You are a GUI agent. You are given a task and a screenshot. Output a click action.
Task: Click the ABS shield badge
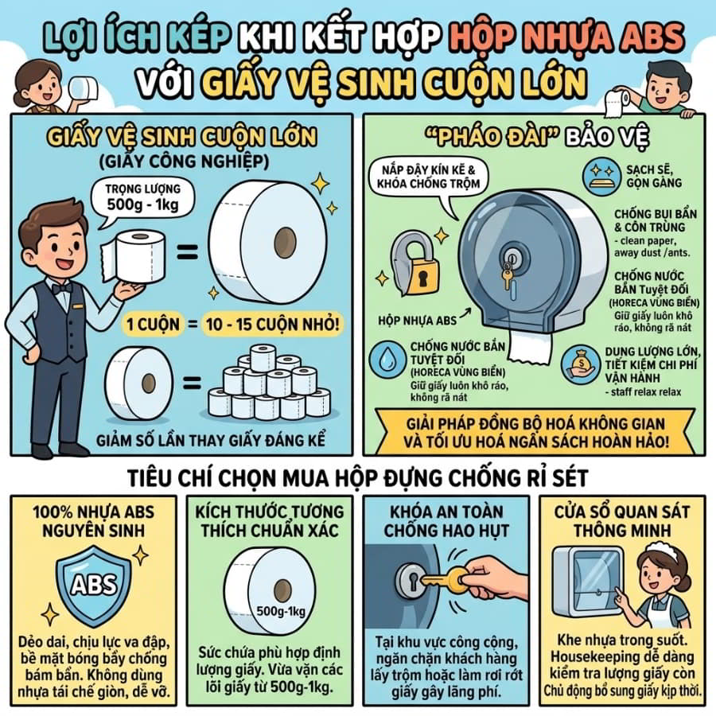(94, 585)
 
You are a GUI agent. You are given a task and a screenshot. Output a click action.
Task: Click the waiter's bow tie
(60, 288)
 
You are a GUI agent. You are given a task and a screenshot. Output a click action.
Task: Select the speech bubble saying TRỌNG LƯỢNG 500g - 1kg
(142, 201)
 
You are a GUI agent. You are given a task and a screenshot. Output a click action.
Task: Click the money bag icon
(581, 365)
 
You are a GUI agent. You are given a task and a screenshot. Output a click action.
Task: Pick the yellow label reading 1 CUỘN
(153, 325)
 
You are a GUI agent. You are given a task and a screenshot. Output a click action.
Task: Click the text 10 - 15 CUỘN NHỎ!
(273, 325)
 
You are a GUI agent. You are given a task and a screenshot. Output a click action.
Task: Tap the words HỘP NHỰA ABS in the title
(566, 36)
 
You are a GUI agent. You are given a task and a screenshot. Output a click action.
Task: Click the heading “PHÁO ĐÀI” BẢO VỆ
(537, 138)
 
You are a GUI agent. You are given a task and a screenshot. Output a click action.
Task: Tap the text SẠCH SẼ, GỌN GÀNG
(654, 177)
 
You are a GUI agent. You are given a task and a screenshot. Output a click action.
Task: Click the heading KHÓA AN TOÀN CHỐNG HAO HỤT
(446, 521)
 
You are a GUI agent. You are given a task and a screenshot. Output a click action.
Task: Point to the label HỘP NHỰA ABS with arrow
(417, 321)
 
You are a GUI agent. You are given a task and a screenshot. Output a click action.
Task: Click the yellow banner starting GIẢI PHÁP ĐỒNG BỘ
(535, 433)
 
